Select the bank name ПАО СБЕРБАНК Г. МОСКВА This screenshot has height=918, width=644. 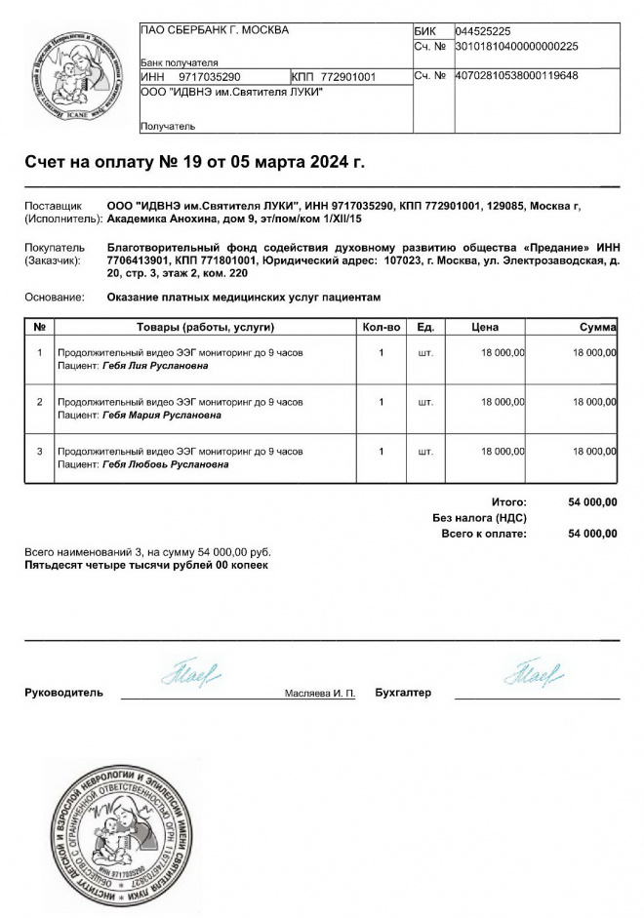(x=216, y=30)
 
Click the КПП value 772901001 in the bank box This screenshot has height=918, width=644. (x=347, y=76)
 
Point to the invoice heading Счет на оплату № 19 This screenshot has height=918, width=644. (x=194, y=162)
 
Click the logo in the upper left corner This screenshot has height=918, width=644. (x=75, y=78)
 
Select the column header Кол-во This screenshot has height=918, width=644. (x=382, y=327)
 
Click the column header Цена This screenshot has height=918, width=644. (x=485, y=327)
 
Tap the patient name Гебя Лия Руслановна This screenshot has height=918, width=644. (x=155, y=367)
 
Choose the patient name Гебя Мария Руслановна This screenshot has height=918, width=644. (x=162, y=415)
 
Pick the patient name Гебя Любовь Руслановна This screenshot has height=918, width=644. (x=166, y=464)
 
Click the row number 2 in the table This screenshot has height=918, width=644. (x=39, y=402)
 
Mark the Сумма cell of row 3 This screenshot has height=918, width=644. (x=594, y=452)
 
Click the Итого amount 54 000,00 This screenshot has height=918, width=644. (x=592, y=502)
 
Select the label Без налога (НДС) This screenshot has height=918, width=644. (x=479, y=518)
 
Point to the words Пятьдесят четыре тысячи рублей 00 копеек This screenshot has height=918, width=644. (x=145, y=565)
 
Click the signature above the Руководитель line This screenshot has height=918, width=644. (x=191, y=672)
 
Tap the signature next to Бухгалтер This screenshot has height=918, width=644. (x=533, y=673)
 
